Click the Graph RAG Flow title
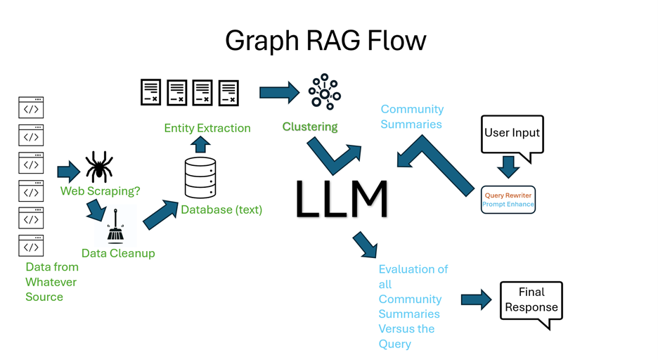click(325, 40)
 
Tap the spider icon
click(99, 167)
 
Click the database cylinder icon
click(200, 177)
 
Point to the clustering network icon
click(324, 91)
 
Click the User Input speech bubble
click(512, 134)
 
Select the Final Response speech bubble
click(531, 301)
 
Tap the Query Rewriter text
click(508, 195)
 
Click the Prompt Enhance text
click(508, 205)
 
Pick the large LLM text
click(342, 198)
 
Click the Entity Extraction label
click(207, 128)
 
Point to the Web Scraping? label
click(101, 191)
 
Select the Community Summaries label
click(412, 117)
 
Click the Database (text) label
click(221, 210)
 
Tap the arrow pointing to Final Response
click(476, 300)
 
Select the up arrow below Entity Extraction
click(201, 145)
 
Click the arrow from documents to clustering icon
click(279, 92)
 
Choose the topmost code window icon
click(31, 108)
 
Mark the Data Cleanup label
click(118, 253)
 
